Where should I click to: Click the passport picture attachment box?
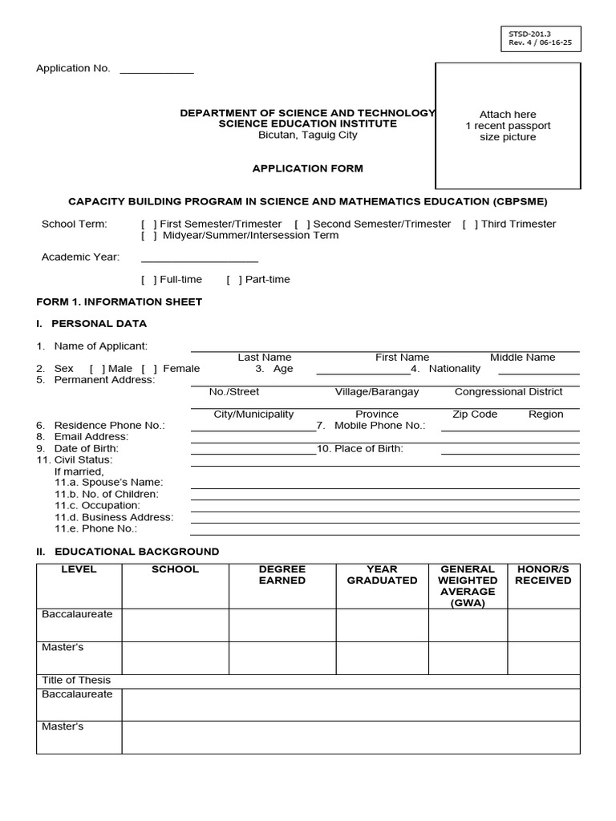(x=508, y=126)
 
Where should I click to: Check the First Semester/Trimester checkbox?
(x=149, y=224)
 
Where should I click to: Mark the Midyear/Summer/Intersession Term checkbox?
(x=149, y=236)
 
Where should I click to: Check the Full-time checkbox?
(x=149, y=280)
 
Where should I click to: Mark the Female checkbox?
(x=149, y=369)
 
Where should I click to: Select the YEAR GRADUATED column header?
(x=382, y=575)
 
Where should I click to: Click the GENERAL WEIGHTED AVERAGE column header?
(x=468, y=586)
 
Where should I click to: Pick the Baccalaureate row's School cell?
(x=175, y=625)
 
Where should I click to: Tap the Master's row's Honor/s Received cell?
(x=543, y=657)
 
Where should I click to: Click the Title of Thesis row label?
(x=76, y=681)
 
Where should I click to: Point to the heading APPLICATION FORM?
(x=308, y=169)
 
